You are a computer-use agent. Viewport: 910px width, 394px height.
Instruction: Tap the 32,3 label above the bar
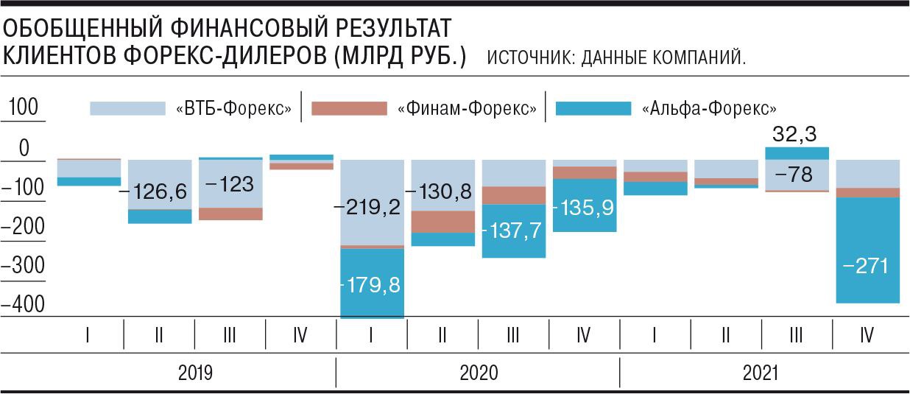(795, 134)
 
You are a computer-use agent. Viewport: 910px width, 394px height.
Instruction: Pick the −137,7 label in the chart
(512, 230)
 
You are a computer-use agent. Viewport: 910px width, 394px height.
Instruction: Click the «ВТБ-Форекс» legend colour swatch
(127, 108)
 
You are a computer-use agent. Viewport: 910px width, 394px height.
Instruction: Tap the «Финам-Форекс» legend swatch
(349, 108)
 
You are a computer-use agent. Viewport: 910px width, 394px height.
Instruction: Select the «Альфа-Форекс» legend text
(709, 109)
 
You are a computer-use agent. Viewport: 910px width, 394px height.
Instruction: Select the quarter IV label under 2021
(867, 337)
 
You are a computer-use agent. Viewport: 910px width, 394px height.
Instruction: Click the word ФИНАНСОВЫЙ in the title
(264, 29)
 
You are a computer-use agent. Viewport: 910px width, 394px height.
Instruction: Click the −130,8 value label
(442, 191)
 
